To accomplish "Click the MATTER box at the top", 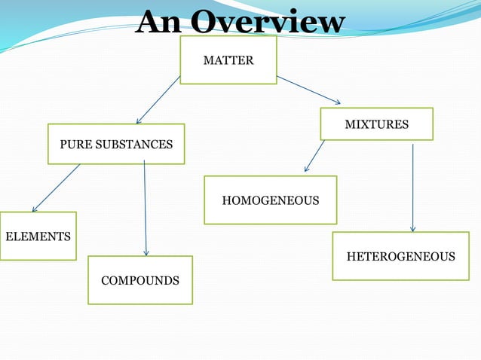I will (x=228, y=59).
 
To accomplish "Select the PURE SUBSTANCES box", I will (x=116, y=144).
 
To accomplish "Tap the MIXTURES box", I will (x=376, y=124).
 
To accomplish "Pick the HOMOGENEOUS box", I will (x=270, y=200).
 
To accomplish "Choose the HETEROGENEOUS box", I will (x=400, y=256).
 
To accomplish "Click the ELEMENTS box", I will (x=38, y=236).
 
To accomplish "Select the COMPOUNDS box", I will (x=139, y=280).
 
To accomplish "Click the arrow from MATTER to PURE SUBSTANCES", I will (x=158, y=99).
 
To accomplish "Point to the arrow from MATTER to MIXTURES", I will (x=308, y=90).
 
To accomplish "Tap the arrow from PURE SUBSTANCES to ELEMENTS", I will (x=56, y=188).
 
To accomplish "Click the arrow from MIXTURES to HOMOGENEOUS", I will (x=314, y=157).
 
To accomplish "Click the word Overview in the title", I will (x=268, y=23).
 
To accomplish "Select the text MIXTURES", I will (x=376, y=124).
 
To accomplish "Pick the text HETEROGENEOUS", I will (x=400, y=257).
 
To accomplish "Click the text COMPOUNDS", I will (x=140, y=281).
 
